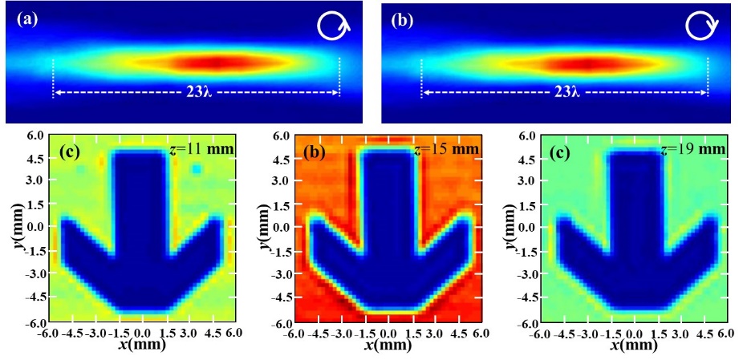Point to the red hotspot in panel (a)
[x=213, y=63]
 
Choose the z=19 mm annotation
[x=697, y=149]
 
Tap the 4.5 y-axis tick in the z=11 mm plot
[x=37, y=160]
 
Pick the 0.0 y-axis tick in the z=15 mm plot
[x=281, y=227]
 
